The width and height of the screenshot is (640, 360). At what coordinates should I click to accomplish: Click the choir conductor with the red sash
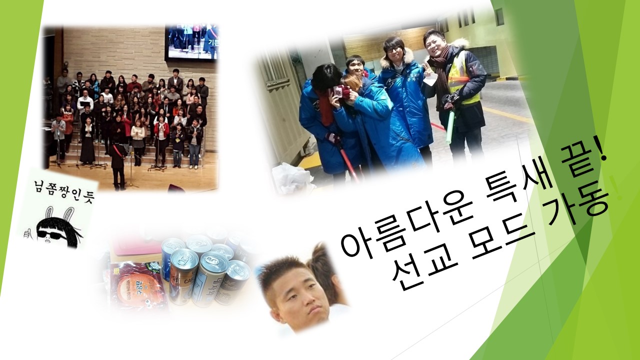pos(118,160)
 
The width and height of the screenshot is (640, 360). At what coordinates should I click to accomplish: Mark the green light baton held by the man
pos(450,127)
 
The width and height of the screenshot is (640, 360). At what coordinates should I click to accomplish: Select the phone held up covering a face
pos(339,92)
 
